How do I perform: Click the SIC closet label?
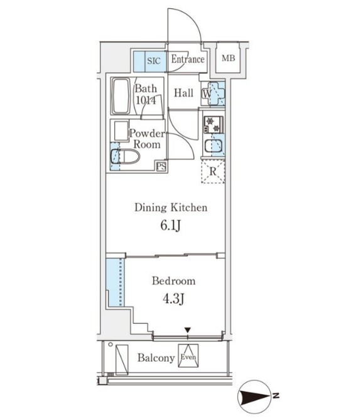pyautogui.click(x=154, y=61)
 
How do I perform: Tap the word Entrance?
pyautogui.click(x=188, y=59)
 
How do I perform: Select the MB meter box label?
pyautogui.click(x=229, y=58)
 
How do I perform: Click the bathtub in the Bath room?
pyautogui.click(x=121, y=96)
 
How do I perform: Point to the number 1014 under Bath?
pyautogui.click(x=146, y=100)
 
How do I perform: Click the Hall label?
pyautogui.click(x=184, y=93)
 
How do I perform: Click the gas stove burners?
pyautogui.click(x=214, y=124)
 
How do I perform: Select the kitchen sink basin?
pyautogui.click(x=214, y=146)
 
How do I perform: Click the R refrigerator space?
pyautogui.click(x=213, y=171)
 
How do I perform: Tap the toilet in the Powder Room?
pyautogui.click(x=126, y=156)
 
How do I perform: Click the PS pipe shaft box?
pyautogui.click(x=161, y=166)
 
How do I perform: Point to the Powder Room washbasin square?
pyautogui.click(x=121, y=131)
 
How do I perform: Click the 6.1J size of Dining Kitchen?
pyautogui.click(x=171, y=225)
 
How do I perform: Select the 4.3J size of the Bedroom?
pyautogui.click(x=173, y=299)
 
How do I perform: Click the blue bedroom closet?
pyautogui.click(x=116, y=282)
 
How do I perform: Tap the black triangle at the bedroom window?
pyautogui.click(x=188, y=330)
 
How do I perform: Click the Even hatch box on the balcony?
pyautogui.click(x=188, y=356)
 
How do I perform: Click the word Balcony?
pyautogui.click(x=156, y=358)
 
